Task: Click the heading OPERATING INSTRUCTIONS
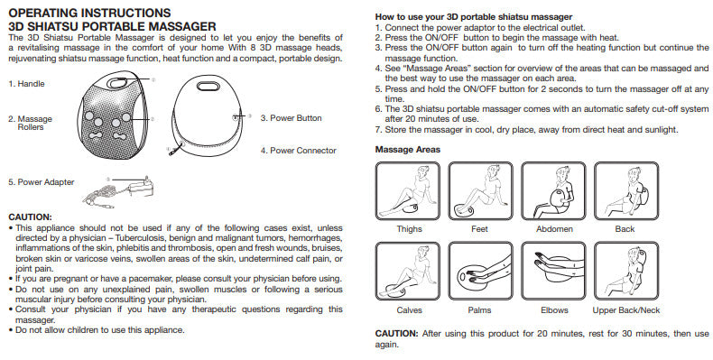pos(90,13)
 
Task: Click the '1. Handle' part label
pos(27,84)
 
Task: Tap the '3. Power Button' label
pos(291,118)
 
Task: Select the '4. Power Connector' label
pos(299,151)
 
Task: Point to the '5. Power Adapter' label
pos(42,182)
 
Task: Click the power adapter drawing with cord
pos(119,192)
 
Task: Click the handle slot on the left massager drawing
pos(117,83)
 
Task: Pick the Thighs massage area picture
pos(408,191)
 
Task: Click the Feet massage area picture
pos(481,191)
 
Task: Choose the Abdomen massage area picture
pos(553,191)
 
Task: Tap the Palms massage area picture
pos(481,272)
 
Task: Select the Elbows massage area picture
pos(553,272)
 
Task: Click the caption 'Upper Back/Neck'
pos(625,310)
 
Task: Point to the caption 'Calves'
pos(409,310)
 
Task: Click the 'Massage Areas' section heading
pos(408,150)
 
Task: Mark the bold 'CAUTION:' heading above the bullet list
pos(31,217)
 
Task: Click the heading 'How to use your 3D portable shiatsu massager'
pos(474,17)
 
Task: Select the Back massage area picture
pos(626,191)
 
